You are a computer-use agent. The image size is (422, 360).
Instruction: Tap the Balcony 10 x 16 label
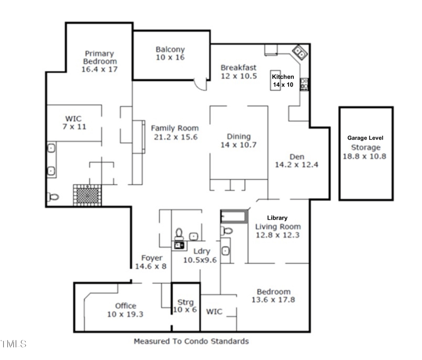pos(170,53)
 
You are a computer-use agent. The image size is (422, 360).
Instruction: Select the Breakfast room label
pos(238,71)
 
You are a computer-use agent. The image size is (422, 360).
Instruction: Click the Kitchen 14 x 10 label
pos(283,80)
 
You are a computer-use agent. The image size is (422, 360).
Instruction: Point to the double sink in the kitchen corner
pos(300,51)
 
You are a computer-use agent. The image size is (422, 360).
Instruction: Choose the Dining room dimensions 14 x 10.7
pos(238,145)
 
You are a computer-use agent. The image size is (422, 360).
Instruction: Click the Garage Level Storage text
pos(365,143)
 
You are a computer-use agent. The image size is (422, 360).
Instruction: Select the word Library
pos(277,217)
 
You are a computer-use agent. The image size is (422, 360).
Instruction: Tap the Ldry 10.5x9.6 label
pos(200,255)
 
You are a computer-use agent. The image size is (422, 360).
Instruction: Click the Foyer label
pos(150,262)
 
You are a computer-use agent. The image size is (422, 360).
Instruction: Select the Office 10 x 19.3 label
pos(126,309)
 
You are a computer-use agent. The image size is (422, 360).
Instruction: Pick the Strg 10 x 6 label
pos(185,306)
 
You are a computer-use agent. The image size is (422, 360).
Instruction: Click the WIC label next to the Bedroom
pos(214,311)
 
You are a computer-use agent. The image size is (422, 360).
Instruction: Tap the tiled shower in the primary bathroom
pos(86,194)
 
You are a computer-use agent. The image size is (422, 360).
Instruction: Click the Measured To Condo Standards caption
pos(191,341)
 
